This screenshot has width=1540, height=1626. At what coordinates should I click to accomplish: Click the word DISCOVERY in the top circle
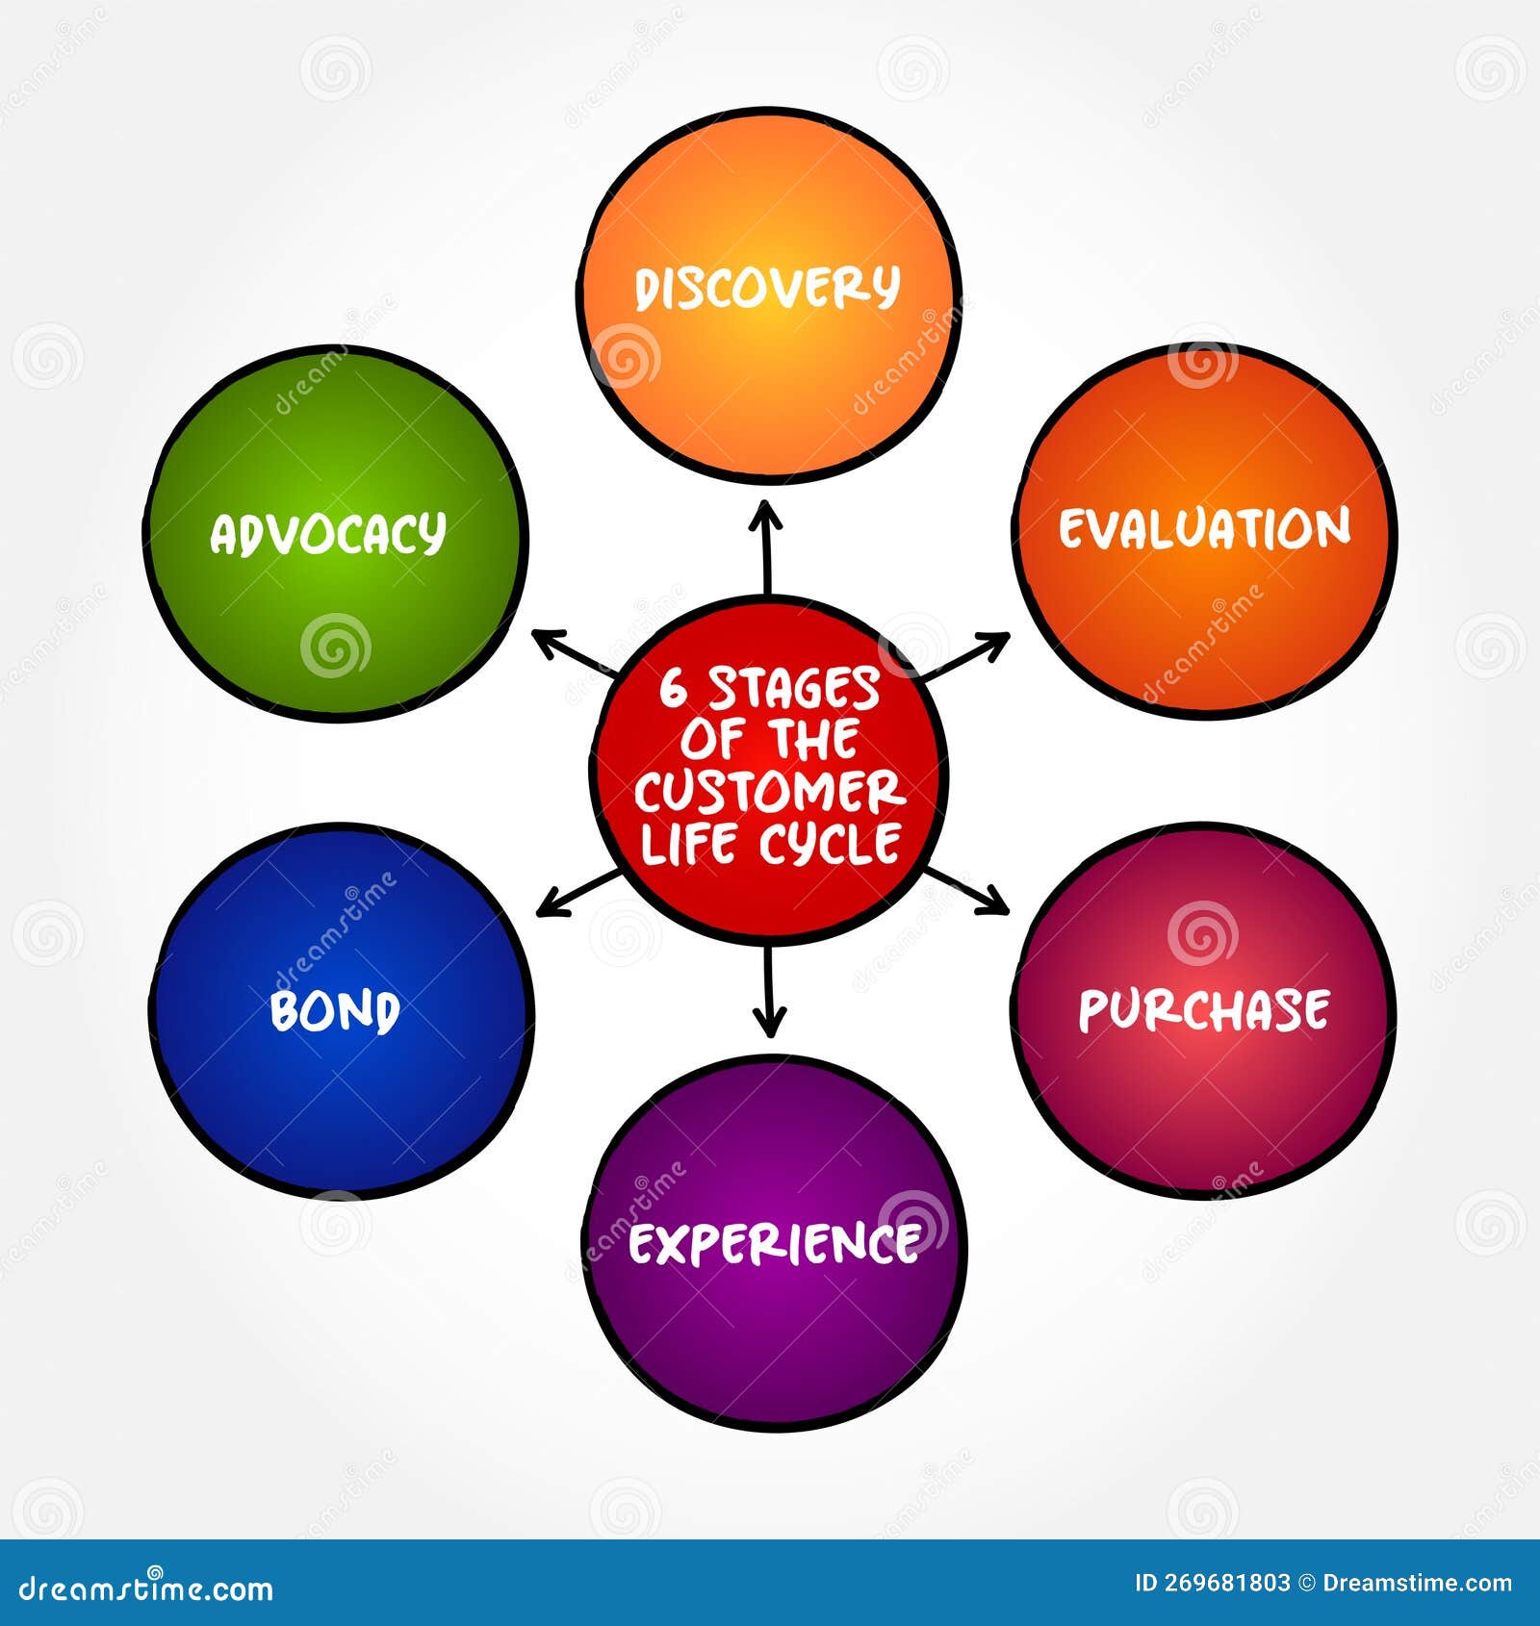[x=767, y=288]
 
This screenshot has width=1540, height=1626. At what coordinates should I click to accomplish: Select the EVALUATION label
[x=1205, y=529]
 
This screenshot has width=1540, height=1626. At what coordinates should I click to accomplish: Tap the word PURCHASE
[x=1204, y=1009]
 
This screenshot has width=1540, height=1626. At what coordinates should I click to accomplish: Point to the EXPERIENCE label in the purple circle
[x=774, y=1244]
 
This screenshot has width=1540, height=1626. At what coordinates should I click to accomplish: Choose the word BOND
[x=335, y=1011]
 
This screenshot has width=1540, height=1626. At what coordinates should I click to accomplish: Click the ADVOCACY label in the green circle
[x=328, y=534]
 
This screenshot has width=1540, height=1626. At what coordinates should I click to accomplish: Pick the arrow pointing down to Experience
[x=768, y=991]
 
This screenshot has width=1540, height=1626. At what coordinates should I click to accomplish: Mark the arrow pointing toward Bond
[x=577, y=893]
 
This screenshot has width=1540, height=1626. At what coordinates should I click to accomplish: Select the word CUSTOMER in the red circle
[x=769, y=792]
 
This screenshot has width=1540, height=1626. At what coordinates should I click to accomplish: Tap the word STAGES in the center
[x=794, y=690]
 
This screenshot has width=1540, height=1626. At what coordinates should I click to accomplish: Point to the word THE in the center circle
[x=813, y=740]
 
